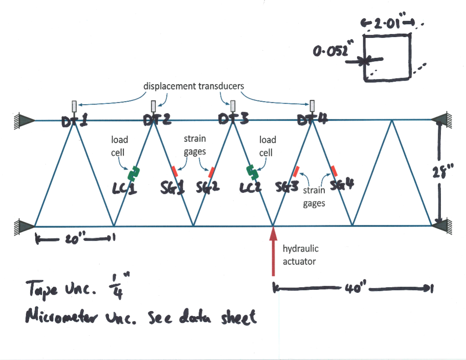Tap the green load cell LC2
coord(253,171)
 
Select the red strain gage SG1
coord(175,171)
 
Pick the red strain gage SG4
coord(335,171)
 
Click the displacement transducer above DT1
coord(74,106)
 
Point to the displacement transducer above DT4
coord(313,105)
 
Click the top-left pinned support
coord(22,120)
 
